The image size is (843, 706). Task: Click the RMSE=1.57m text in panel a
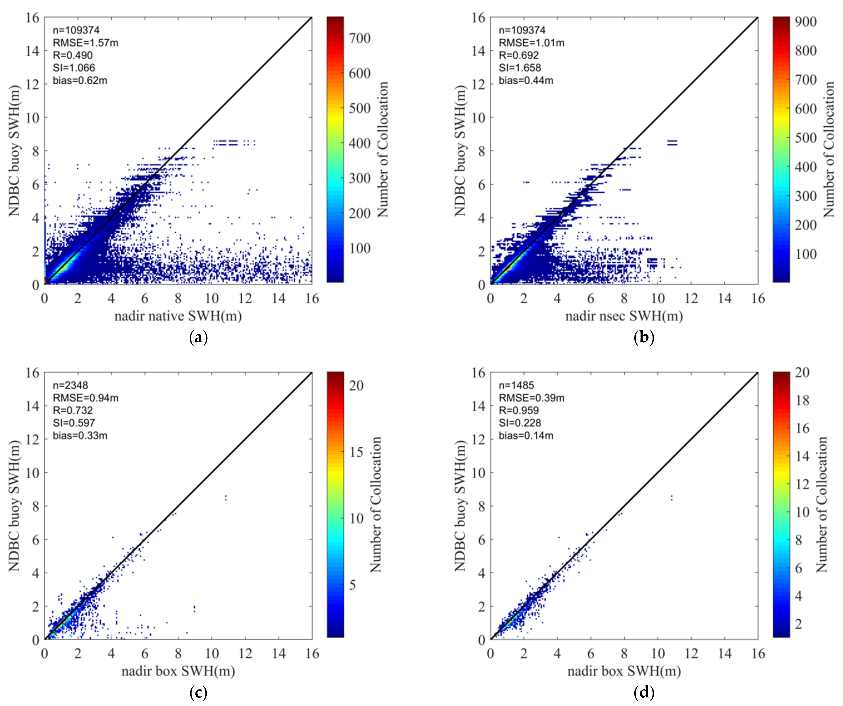pyautogui.click(x=85, y=43)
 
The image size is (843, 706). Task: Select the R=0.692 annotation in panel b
pyautogui.click(x=519, y=55)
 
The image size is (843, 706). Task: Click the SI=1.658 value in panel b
pyautogui.click(x=520, y=67)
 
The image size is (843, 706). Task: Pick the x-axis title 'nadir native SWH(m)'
pyautogui.click(x=178, y=316)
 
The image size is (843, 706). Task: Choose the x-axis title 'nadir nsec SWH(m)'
pyautogui.click(x=624, y=316)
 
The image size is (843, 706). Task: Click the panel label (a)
pyautogui.click(x=198, y=337)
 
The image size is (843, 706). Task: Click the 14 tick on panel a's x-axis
pyautogui.click(x=279, y=299)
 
